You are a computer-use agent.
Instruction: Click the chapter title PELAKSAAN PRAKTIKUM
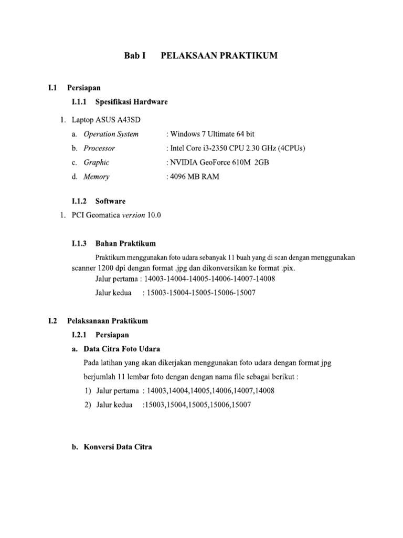[x=219, y=56]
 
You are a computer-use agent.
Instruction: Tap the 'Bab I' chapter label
[x=134, y=56]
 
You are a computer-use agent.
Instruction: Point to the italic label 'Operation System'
[x=111, y=134]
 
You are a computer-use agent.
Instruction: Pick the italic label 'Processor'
[x=99, y=148]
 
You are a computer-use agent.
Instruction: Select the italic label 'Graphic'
[x=97, y=162]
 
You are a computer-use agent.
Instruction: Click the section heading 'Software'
[x=111, y=201]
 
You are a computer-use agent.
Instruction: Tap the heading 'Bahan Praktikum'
[x=125, y=243]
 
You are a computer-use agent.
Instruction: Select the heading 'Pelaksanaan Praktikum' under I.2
[x=108, y=320]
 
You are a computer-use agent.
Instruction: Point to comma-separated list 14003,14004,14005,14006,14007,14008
[x=211, y=390]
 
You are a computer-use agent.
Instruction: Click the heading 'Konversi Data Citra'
[x=118, y=447]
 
